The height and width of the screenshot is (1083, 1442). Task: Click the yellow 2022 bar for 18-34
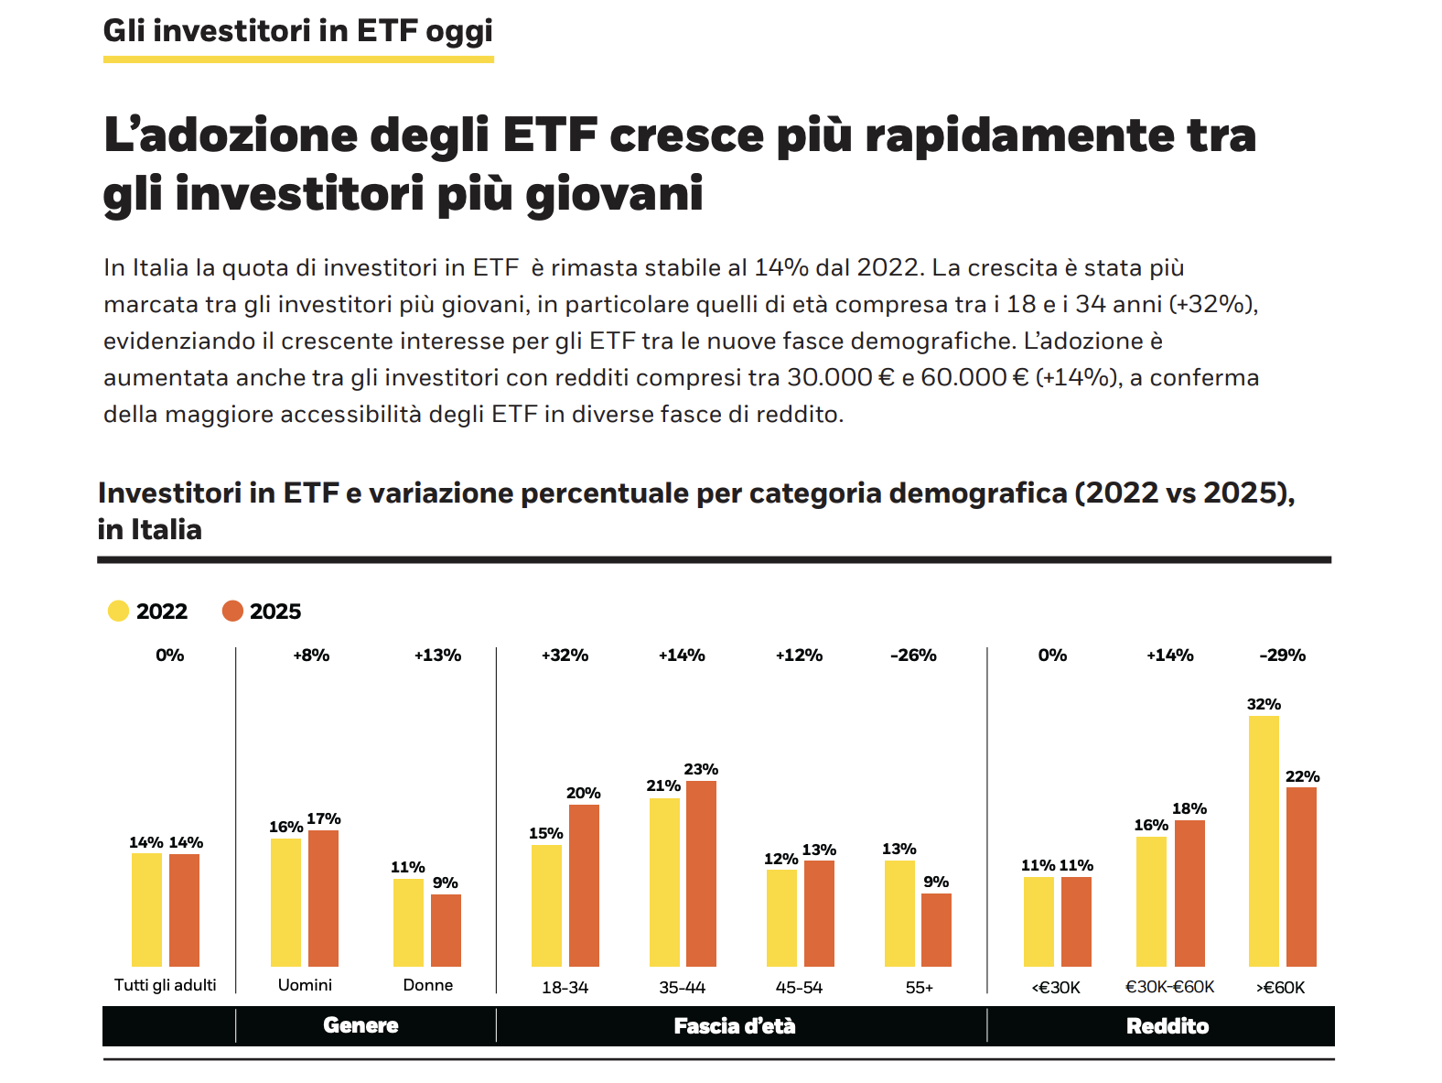coord(546,905)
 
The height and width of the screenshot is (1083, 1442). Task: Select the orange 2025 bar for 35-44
coord(701,873)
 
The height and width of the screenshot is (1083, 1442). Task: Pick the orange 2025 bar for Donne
coord(446,930)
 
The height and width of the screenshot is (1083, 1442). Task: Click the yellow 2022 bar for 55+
coord(899,913)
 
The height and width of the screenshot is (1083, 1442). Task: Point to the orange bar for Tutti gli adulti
coord(184,910)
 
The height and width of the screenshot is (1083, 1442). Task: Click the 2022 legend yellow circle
coord(118,612)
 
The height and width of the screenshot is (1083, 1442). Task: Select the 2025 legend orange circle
coord(232,612)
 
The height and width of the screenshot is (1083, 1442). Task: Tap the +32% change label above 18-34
coord(565,655)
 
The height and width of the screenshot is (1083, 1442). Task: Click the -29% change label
coord(1282,655)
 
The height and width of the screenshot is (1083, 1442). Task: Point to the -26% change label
coord(913,655)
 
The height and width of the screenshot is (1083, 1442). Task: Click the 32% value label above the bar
coord(1264,704)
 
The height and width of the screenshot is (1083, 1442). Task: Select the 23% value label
coord(701,769)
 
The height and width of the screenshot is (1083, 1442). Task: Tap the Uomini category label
coord(305,985)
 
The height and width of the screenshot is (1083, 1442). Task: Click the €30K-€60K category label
coord(1169,988)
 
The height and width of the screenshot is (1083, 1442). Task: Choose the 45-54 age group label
coord(799,988)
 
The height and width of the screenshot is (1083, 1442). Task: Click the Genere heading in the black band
coord(360,1025)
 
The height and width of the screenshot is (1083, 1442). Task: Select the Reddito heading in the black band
coord(1168,1026)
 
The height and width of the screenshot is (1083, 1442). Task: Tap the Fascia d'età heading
coord(735,1026)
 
